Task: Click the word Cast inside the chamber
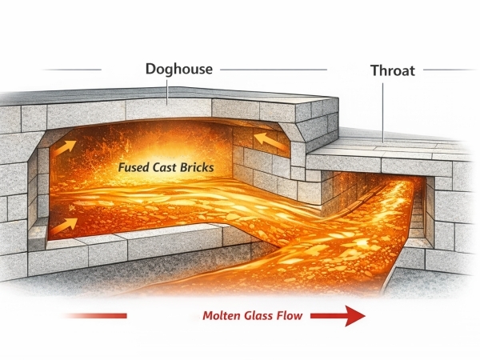172,169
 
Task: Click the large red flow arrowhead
353,317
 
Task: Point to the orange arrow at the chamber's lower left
67,222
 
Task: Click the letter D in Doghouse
150,69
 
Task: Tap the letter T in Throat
374,70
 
